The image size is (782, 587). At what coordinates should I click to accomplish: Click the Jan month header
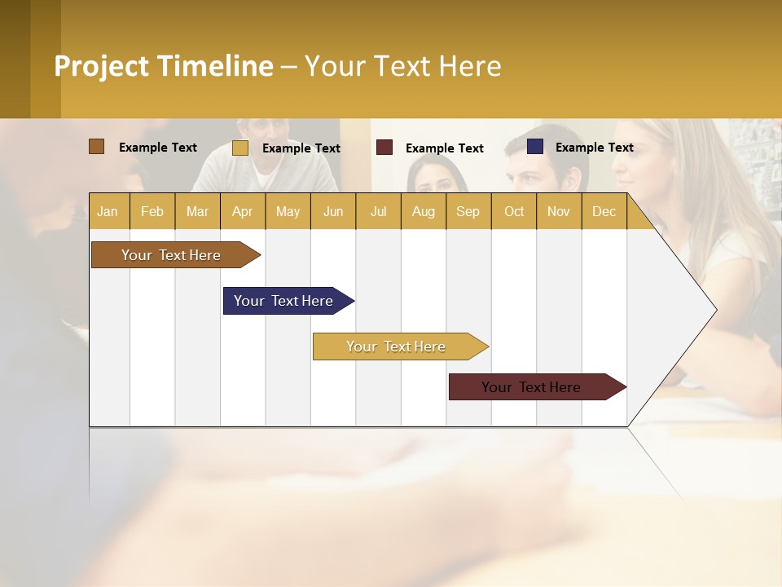(108, 211)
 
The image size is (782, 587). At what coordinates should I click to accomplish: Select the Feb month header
(152, 211)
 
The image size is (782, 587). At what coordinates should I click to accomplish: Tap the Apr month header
(243, 211)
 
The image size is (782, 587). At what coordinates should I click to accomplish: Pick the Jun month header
(333, 211)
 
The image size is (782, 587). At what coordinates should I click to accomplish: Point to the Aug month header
(424, 211)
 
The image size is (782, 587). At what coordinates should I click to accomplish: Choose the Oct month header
(514, 211)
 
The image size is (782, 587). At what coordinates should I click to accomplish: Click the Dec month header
(604, 211)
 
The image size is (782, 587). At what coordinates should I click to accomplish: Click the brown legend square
(97, 147)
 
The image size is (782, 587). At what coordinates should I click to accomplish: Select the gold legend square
(240, 148)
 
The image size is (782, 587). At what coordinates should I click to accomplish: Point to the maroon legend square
(384, 148)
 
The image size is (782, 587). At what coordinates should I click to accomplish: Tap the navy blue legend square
(535, 147)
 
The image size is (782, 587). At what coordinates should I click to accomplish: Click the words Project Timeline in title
(164, 66)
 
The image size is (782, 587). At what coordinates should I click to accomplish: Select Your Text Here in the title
(403, 66)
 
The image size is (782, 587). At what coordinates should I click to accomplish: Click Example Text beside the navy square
(595, 148)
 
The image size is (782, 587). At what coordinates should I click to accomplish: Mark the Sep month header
(468, 211)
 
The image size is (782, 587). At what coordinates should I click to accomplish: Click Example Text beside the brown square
(158, 148)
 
